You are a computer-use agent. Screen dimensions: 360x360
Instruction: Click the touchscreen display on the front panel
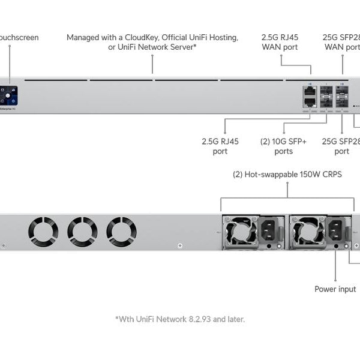[x=10, y=95]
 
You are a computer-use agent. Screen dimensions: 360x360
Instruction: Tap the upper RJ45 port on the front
[x=310, y=91]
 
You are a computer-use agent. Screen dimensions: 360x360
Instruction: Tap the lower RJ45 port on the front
[x=310, y=102]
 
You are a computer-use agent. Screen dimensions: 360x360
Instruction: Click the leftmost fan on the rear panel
[x=43, y=231]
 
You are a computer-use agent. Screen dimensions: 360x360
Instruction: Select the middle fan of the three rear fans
[x=82, y=231]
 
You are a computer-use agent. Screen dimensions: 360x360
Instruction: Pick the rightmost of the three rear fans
[x=121, y=231]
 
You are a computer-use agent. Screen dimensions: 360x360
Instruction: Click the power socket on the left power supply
[x=267, y=230]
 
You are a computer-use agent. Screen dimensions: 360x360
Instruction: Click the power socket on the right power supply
[x=335, y=230]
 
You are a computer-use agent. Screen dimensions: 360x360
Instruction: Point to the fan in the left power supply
[x=240, y=231]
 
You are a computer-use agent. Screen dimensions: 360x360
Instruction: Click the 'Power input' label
[x=335, y=289]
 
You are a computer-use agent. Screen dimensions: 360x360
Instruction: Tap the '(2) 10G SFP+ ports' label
[x=283, y=146]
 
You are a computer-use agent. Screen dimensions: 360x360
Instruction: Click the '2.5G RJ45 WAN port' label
[x=280, y=42]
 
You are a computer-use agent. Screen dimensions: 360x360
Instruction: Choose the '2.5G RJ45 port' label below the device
[x=220, y=146]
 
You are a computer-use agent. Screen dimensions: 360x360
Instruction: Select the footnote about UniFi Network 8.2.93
[x=179, y=319]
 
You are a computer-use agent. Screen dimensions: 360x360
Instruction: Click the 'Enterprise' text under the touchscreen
[x=7, y=110]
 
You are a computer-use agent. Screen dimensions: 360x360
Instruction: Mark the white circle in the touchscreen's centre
[x=10, y=94]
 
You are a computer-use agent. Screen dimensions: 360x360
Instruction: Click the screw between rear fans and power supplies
[x=180, y=245]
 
